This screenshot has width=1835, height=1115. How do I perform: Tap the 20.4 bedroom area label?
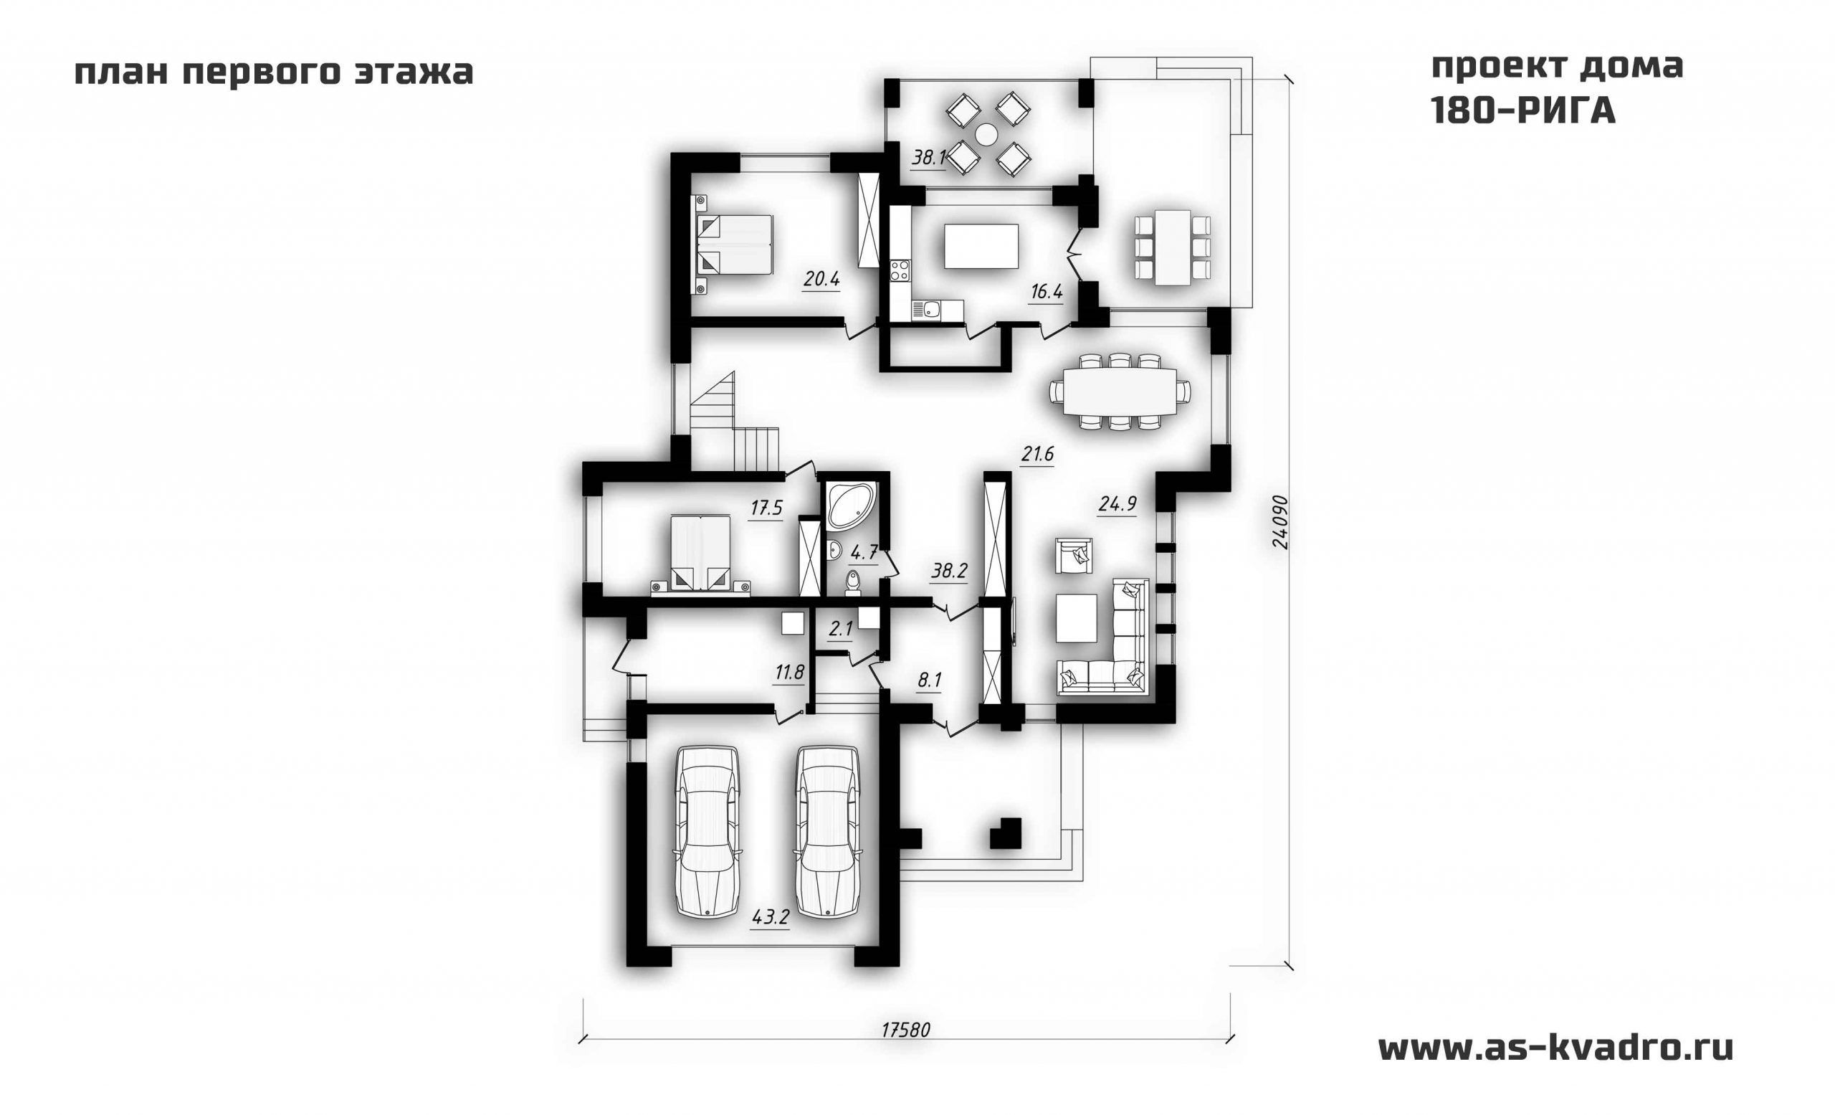tap(821, 280)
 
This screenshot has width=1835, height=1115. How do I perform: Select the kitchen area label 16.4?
tap(1047, 292)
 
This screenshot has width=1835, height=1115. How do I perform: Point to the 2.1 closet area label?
tap(841, 630)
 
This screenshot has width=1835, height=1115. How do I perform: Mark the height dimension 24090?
tap(1279, 521)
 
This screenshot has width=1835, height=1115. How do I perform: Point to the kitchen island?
tap(981, 246)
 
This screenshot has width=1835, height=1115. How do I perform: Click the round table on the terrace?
tap(988, 134)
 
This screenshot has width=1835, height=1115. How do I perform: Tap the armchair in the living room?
tap(1073, 556)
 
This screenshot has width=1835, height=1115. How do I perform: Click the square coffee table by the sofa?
tap(1076, 617)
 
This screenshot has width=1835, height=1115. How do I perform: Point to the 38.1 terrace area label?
tap(929, 158)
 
